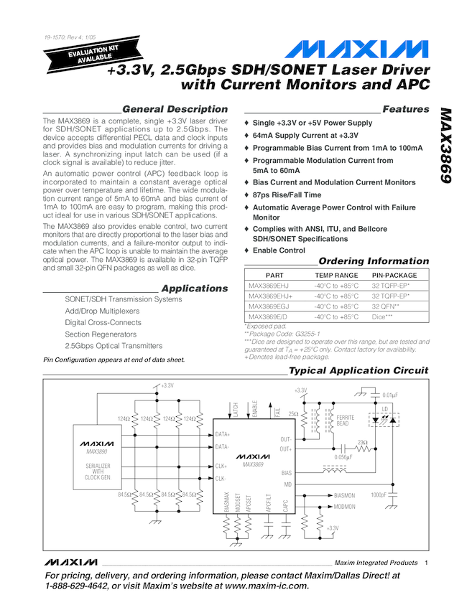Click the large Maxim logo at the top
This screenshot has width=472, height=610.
(356, 51)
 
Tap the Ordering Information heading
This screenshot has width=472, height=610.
(373, 261)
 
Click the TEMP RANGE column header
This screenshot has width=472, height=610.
(336, 275)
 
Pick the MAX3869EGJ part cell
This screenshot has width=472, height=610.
(268, 306)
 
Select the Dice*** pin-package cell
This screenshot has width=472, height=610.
(382, 316)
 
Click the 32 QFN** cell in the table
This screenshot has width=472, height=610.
(386, 306)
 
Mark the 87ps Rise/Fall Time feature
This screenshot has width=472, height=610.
(287, 194)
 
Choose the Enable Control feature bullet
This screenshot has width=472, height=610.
(279, 250)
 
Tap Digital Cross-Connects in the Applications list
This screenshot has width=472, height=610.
(102, 322)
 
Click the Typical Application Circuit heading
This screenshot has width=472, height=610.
(358, 371)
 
